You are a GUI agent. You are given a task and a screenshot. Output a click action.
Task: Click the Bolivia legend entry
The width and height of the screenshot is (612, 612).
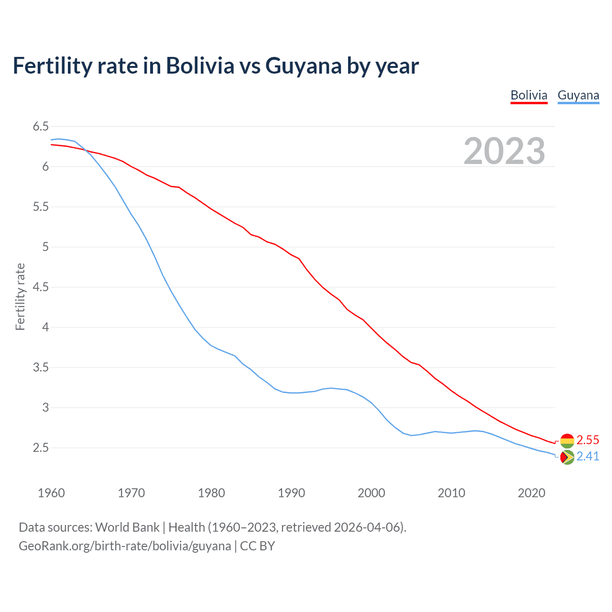coord(529,95)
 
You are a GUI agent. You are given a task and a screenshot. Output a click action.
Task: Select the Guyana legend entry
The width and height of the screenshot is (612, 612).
coord(578,95)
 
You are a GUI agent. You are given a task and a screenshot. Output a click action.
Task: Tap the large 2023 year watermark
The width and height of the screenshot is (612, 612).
coord(504,151)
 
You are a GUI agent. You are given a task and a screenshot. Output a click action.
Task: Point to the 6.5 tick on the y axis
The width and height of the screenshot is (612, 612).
coord(41,127)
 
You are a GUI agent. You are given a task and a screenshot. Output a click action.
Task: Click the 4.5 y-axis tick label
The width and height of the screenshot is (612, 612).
coord(41,287)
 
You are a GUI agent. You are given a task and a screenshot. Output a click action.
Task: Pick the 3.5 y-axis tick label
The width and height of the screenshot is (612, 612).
coord(41,368)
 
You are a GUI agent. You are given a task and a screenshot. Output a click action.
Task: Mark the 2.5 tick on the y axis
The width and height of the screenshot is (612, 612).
coord(41,448)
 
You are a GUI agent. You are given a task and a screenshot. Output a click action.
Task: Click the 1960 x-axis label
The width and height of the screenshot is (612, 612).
coord(51,493)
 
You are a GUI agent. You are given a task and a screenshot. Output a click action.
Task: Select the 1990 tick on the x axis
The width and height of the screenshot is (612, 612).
coord(291,493)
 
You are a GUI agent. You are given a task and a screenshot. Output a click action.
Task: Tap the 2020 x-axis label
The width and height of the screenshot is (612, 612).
coord(531,493)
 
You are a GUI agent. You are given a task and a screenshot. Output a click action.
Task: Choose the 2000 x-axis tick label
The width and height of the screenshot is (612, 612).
coord(371,493)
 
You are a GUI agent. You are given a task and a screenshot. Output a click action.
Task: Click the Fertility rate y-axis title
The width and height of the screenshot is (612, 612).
coord(20,296)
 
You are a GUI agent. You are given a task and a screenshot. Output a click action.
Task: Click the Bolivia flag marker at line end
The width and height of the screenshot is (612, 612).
coord(567,440)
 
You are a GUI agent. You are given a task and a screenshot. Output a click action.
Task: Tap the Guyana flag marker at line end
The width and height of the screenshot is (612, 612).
coord(567,457)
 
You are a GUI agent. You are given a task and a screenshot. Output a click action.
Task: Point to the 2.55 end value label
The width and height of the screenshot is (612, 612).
coord(588,440)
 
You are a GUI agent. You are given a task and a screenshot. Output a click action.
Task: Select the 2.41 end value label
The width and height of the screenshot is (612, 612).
coord(588,457)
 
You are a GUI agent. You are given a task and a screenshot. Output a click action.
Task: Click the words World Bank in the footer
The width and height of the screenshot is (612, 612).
coord(127,527)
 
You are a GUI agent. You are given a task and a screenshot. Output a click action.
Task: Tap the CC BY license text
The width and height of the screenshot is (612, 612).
coord(257,546)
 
